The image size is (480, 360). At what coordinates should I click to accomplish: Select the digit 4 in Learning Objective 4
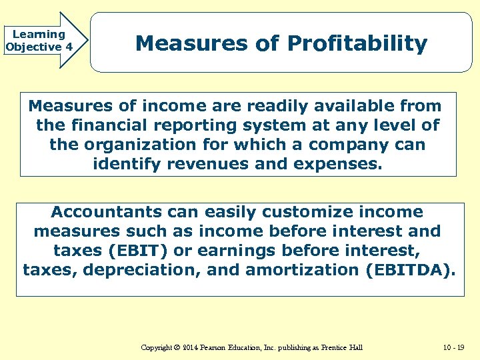[69, 47]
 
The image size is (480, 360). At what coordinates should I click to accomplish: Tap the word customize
[283, 212]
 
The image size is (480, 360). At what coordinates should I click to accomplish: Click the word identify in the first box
[125, 164]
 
